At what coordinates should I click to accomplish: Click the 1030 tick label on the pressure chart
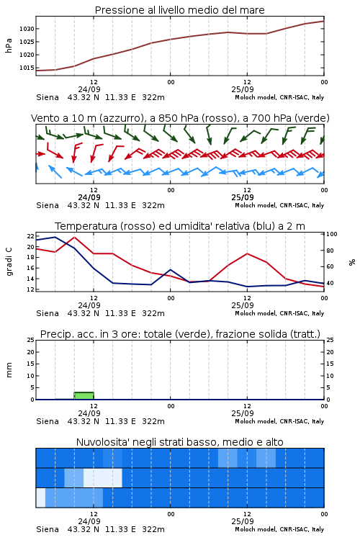(x=27, y=29)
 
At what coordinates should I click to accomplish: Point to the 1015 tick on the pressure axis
(x=27, y=68)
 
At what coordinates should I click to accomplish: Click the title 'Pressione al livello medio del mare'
(x=180, y=10)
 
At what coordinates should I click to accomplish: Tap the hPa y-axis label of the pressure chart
(x=9, y=45)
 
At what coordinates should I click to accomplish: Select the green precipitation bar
(x=84, y=396)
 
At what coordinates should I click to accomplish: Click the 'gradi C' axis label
(x=9, y=262)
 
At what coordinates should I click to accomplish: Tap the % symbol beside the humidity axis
(x=352, y=262)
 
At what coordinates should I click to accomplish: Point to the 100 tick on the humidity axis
(x=332, y=234)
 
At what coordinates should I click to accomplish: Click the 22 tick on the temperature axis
(x=31, y=236)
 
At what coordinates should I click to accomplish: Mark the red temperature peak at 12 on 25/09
(x=248, y=253)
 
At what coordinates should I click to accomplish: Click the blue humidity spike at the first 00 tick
(x=170, y=270)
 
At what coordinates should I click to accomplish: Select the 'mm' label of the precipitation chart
(x=9, y=370)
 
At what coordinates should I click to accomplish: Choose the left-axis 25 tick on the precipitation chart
(x=31, y=340)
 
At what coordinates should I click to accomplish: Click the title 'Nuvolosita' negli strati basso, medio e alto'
(x=180, y=442)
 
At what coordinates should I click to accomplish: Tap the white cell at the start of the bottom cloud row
(x=40, y=498)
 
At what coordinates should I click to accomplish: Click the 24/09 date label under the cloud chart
(x=89, y=521)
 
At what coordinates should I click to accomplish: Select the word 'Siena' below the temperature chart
(x=48, y=313)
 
